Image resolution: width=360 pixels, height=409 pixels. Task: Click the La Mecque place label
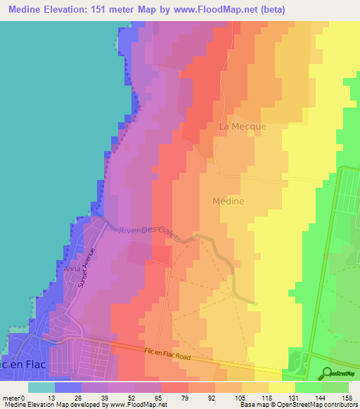click(243, 126)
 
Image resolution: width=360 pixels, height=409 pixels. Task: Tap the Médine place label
click(228, 202)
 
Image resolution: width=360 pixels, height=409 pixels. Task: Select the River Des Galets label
click(150, 232)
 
